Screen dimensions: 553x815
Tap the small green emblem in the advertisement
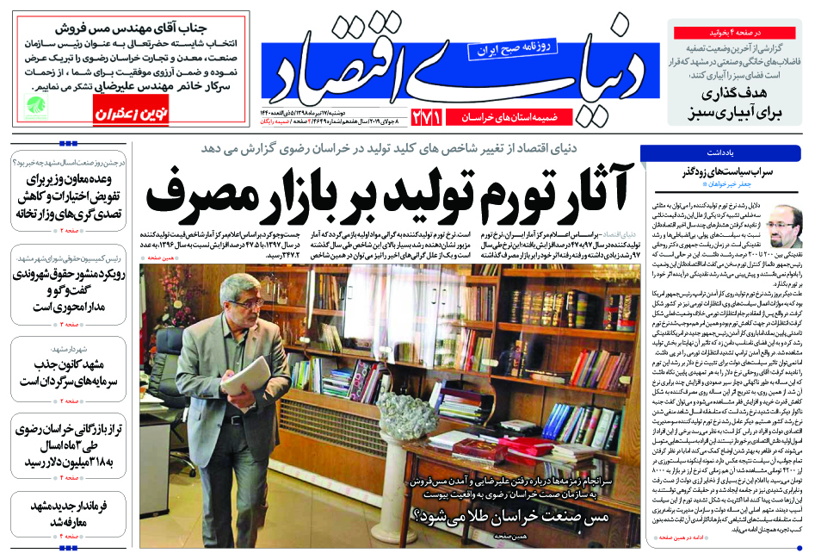(34, 106)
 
